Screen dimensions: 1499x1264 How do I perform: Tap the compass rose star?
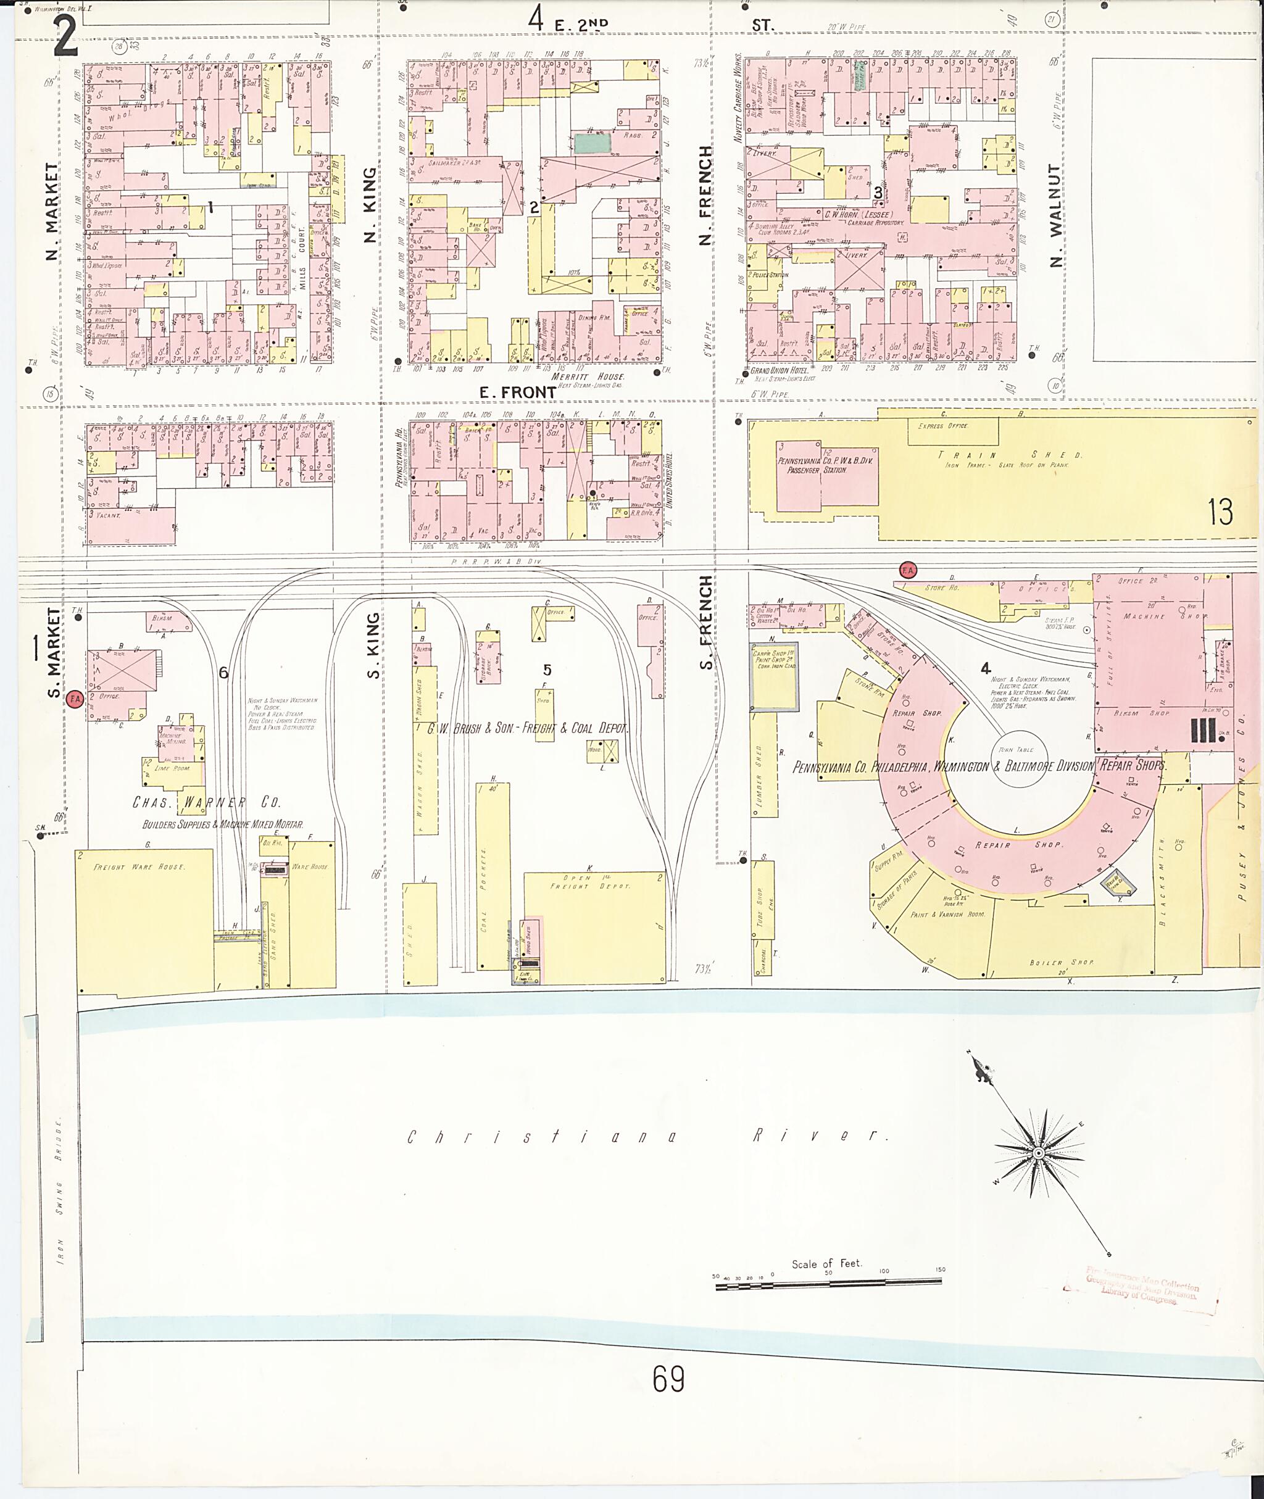pos(1037,1152)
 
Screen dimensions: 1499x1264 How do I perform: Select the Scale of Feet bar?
pos(829,1287)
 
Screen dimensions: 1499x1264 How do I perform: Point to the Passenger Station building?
pos(827,475)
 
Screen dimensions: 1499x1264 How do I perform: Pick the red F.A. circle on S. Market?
pos(75,697)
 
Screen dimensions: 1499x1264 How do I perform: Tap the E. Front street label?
pos(517,392)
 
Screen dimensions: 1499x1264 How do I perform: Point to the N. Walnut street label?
pos(1055,215)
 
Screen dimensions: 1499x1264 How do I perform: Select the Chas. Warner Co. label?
pos(206,802)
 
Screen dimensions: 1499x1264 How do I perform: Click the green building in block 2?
pos(592,143)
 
